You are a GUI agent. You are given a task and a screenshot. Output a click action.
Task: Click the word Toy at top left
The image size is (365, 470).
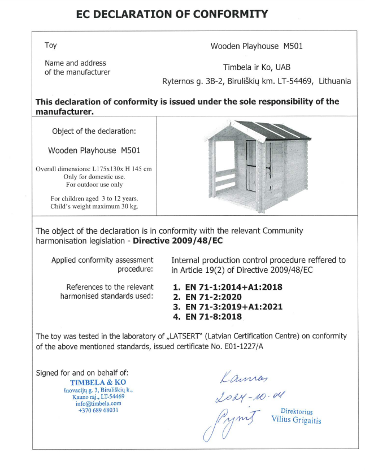click(51, 45)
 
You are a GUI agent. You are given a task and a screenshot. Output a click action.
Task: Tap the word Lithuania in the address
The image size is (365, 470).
click(334, 81)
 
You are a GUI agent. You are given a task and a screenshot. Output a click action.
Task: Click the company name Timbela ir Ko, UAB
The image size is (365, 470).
click(257, 67)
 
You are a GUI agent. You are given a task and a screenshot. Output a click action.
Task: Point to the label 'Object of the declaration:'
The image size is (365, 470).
click(94, 132)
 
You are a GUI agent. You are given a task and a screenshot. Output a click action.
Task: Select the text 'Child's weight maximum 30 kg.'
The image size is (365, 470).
click(94, 206)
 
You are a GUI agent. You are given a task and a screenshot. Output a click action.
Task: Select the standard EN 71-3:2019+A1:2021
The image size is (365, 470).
click(233, 307)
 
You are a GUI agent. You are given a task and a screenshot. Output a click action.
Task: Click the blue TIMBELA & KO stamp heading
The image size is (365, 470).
click(94, 382)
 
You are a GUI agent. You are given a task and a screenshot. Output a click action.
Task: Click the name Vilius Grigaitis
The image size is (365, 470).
click(297, 420)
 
